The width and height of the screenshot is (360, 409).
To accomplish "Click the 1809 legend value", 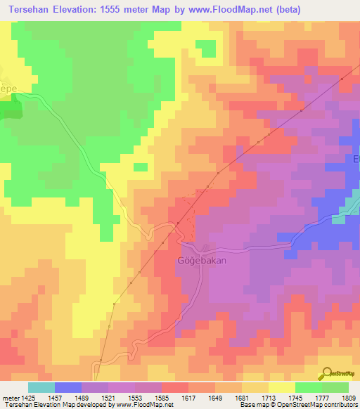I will tap(347, 398).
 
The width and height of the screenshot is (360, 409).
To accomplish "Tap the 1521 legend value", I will tap(109, 398).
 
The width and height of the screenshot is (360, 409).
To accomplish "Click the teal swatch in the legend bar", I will tap(41, 387).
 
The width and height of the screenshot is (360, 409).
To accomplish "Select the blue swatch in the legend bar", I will tap(67, 387).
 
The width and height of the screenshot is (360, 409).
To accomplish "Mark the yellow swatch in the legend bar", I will tap(281, 387).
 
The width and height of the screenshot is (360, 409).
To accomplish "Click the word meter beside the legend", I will tap(10, 398).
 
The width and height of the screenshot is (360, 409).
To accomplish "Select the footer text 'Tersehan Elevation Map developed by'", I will tap(49, 405).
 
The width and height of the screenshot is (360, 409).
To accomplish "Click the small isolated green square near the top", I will tap(205, 48).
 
